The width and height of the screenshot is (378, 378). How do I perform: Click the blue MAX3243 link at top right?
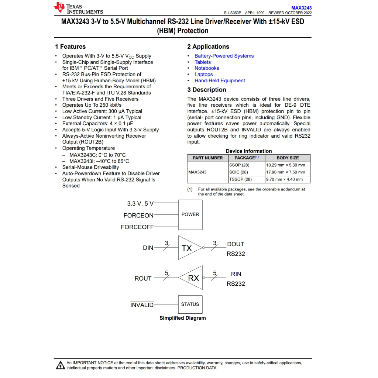(301, 8)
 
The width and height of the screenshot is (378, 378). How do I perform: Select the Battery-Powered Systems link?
(224, 56)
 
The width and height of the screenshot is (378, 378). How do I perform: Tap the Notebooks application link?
(207, 68)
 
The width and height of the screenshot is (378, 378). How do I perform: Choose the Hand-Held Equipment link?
(220, 80)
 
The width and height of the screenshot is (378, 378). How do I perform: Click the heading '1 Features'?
(70, 47)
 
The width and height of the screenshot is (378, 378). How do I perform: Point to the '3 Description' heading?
(207, 90)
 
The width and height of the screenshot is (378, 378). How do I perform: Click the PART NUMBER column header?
(208, 158)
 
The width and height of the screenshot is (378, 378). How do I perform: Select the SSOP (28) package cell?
(239, 165)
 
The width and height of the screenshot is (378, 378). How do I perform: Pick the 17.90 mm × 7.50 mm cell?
(286, 172)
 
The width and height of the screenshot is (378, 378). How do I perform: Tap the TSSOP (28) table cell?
(240, 179)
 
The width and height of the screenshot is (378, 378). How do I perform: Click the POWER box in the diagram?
(190, 214)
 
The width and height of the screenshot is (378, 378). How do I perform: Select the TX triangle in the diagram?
(188, 248)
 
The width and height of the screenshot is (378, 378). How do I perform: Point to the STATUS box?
(190, 304)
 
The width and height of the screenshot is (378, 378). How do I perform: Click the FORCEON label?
(138, 216)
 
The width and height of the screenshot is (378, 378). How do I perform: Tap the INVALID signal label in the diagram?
(142, 305)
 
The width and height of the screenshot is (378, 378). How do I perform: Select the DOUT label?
(236, 244)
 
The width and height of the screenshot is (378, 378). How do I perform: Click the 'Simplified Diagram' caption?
(183, 318)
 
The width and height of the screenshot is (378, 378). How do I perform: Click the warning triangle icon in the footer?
(60, 365)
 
